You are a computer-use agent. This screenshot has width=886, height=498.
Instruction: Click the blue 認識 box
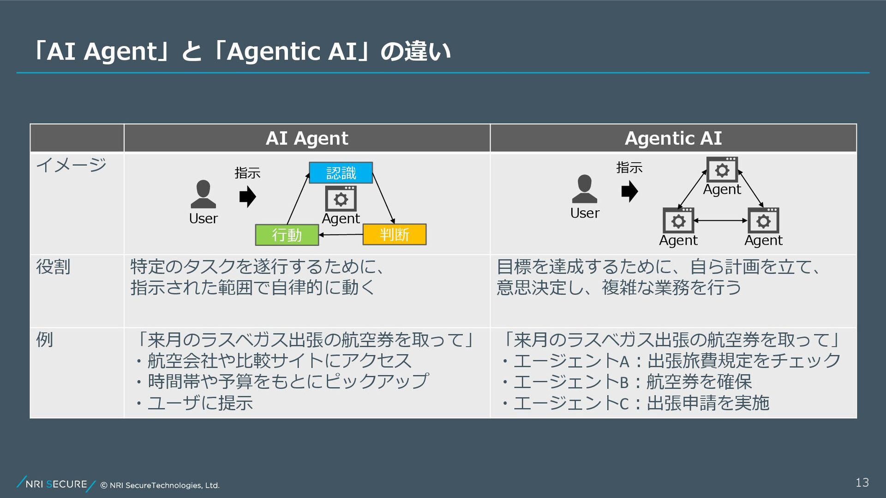pyautogui.click(x=341, y=173)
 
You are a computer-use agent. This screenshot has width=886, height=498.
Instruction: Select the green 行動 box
pyautogui.click(x=287, y=235)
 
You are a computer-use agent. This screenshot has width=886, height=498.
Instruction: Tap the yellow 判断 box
pyautogui.click(x=394, y=234)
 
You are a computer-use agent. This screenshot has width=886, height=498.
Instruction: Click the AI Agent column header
pyautogui.click(x=307, y=138)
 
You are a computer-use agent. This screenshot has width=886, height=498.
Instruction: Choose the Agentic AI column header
pyautogui.click(x=673, y=138)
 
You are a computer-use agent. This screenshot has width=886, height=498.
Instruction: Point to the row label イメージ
pyautogui.click(x=71, y=165)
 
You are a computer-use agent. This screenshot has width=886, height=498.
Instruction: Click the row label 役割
pyautogui.click(x=54, y=267)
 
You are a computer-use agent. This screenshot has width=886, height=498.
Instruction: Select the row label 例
pyautogui.click(x=45, y=339)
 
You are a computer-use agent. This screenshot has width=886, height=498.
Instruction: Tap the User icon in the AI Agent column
pyautogui.click(x=203, y=195)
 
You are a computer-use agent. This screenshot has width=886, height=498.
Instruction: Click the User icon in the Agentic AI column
pyautogui.click(x=584, y=189)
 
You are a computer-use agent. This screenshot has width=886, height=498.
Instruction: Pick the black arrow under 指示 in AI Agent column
pyautogui.click(x=248, y=196)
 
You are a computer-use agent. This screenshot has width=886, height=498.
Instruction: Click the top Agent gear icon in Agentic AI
pyautogui.click(x=722, y=170)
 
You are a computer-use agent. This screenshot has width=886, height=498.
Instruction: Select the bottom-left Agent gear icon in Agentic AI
pyautogui.click(x=678, y=221)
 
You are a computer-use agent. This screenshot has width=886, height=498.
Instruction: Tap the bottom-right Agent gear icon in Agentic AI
pyautogui.click(x=763, y=221)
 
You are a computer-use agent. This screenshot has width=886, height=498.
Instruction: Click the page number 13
pyautogui.click(x=862, y=482)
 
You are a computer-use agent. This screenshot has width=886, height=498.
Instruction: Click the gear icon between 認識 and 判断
pyautogui.click(x=341, y=199)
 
